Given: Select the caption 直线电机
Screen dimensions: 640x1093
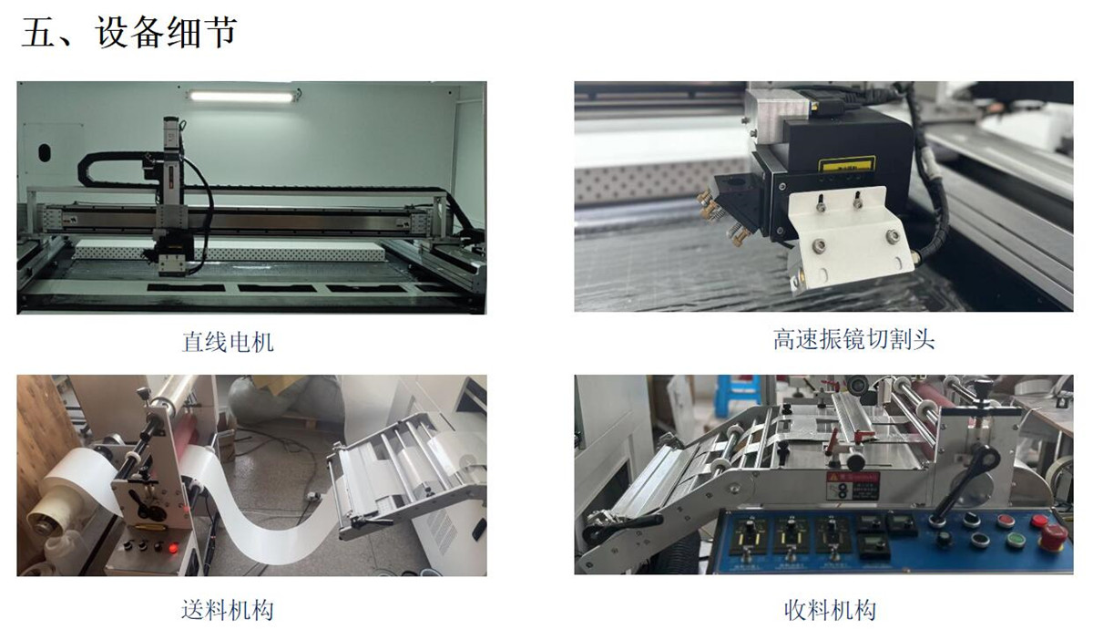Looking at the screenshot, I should point(228,343).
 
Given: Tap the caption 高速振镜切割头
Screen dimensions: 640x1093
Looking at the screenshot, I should point(853,340).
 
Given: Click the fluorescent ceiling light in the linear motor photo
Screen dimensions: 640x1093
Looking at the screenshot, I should point(243,95).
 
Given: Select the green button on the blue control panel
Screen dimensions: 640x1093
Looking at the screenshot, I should point(1016,540).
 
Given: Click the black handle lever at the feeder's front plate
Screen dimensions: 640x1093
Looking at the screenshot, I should point(146,503).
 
